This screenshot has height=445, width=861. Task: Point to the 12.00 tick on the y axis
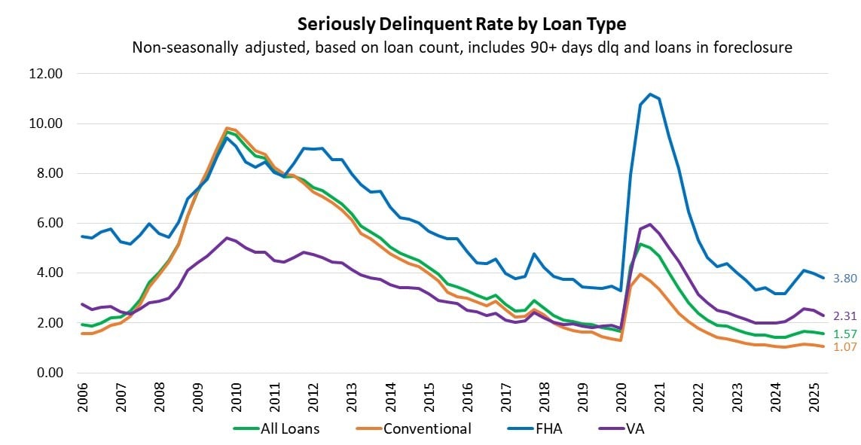tap(47, 74)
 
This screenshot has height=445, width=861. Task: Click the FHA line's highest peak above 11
tap(649, 94)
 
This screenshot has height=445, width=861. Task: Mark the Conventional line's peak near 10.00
tap(227, 128)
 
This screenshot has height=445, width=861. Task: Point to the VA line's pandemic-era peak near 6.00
tap(649, 224)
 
